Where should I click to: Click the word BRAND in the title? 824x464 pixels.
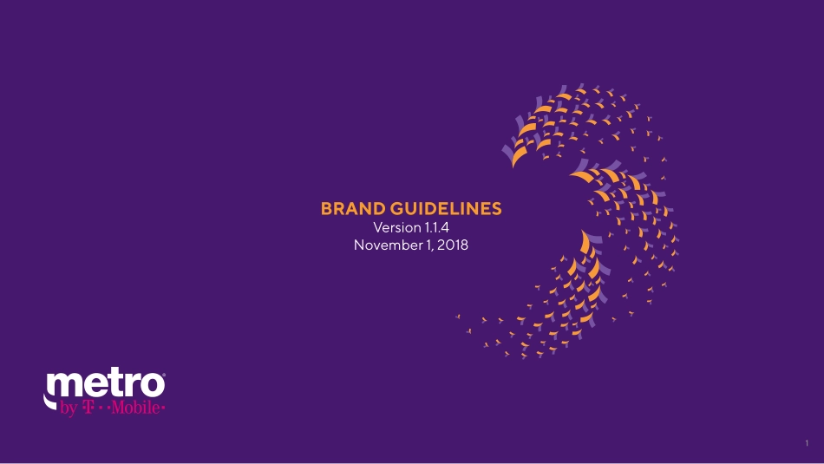pos(354,209)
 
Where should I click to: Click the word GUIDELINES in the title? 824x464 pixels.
pos(446,209)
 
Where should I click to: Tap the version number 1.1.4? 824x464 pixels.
pos(436,227)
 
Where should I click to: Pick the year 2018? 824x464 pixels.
pos(453,245)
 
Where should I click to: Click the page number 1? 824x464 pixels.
pos(807,443)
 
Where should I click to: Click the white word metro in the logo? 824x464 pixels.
pos(105,385)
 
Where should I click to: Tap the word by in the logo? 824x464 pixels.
pos(69,408)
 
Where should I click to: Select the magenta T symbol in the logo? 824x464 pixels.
pos(88,407)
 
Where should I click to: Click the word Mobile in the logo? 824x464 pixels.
pos(135,407)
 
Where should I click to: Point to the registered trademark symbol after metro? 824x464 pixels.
pos(164,375)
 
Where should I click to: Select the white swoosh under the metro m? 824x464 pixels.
pos(49,402)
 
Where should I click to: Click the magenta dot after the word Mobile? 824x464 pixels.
pos(163,408)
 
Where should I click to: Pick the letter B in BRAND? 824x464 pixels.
pos(327,209)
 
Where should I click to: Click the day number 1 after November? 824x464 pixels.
pos(423,245)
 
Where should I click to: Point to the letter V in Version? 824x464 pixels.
pos(378,227)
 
